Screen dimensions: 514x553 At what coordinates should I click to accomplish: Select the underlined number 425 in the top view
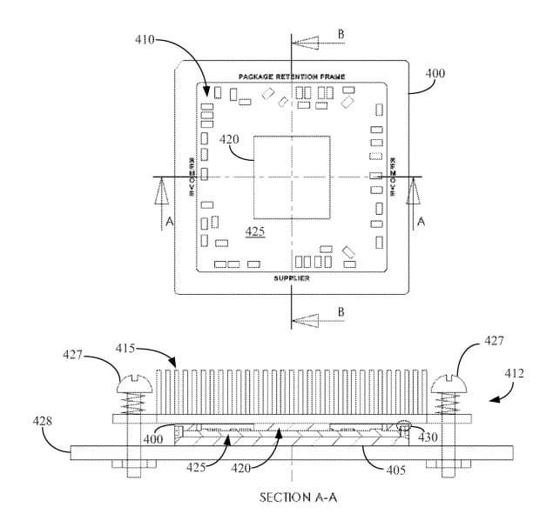(x=255, y=231)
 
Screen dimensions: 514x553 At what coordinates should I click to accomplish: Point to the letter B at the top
(x=340, y=34)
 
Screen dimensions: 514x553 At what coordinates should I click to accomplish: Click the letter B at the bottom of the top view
(x=341, y=311)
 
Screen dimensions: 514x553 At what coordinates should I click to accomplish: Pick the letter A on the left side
(x=169, y=223)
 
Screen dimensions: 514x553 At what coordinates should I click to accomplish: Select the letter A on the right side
(x=421, y=223)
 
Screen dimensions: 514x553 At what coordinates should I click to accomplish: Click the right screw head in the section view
(x=449, y=381)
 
